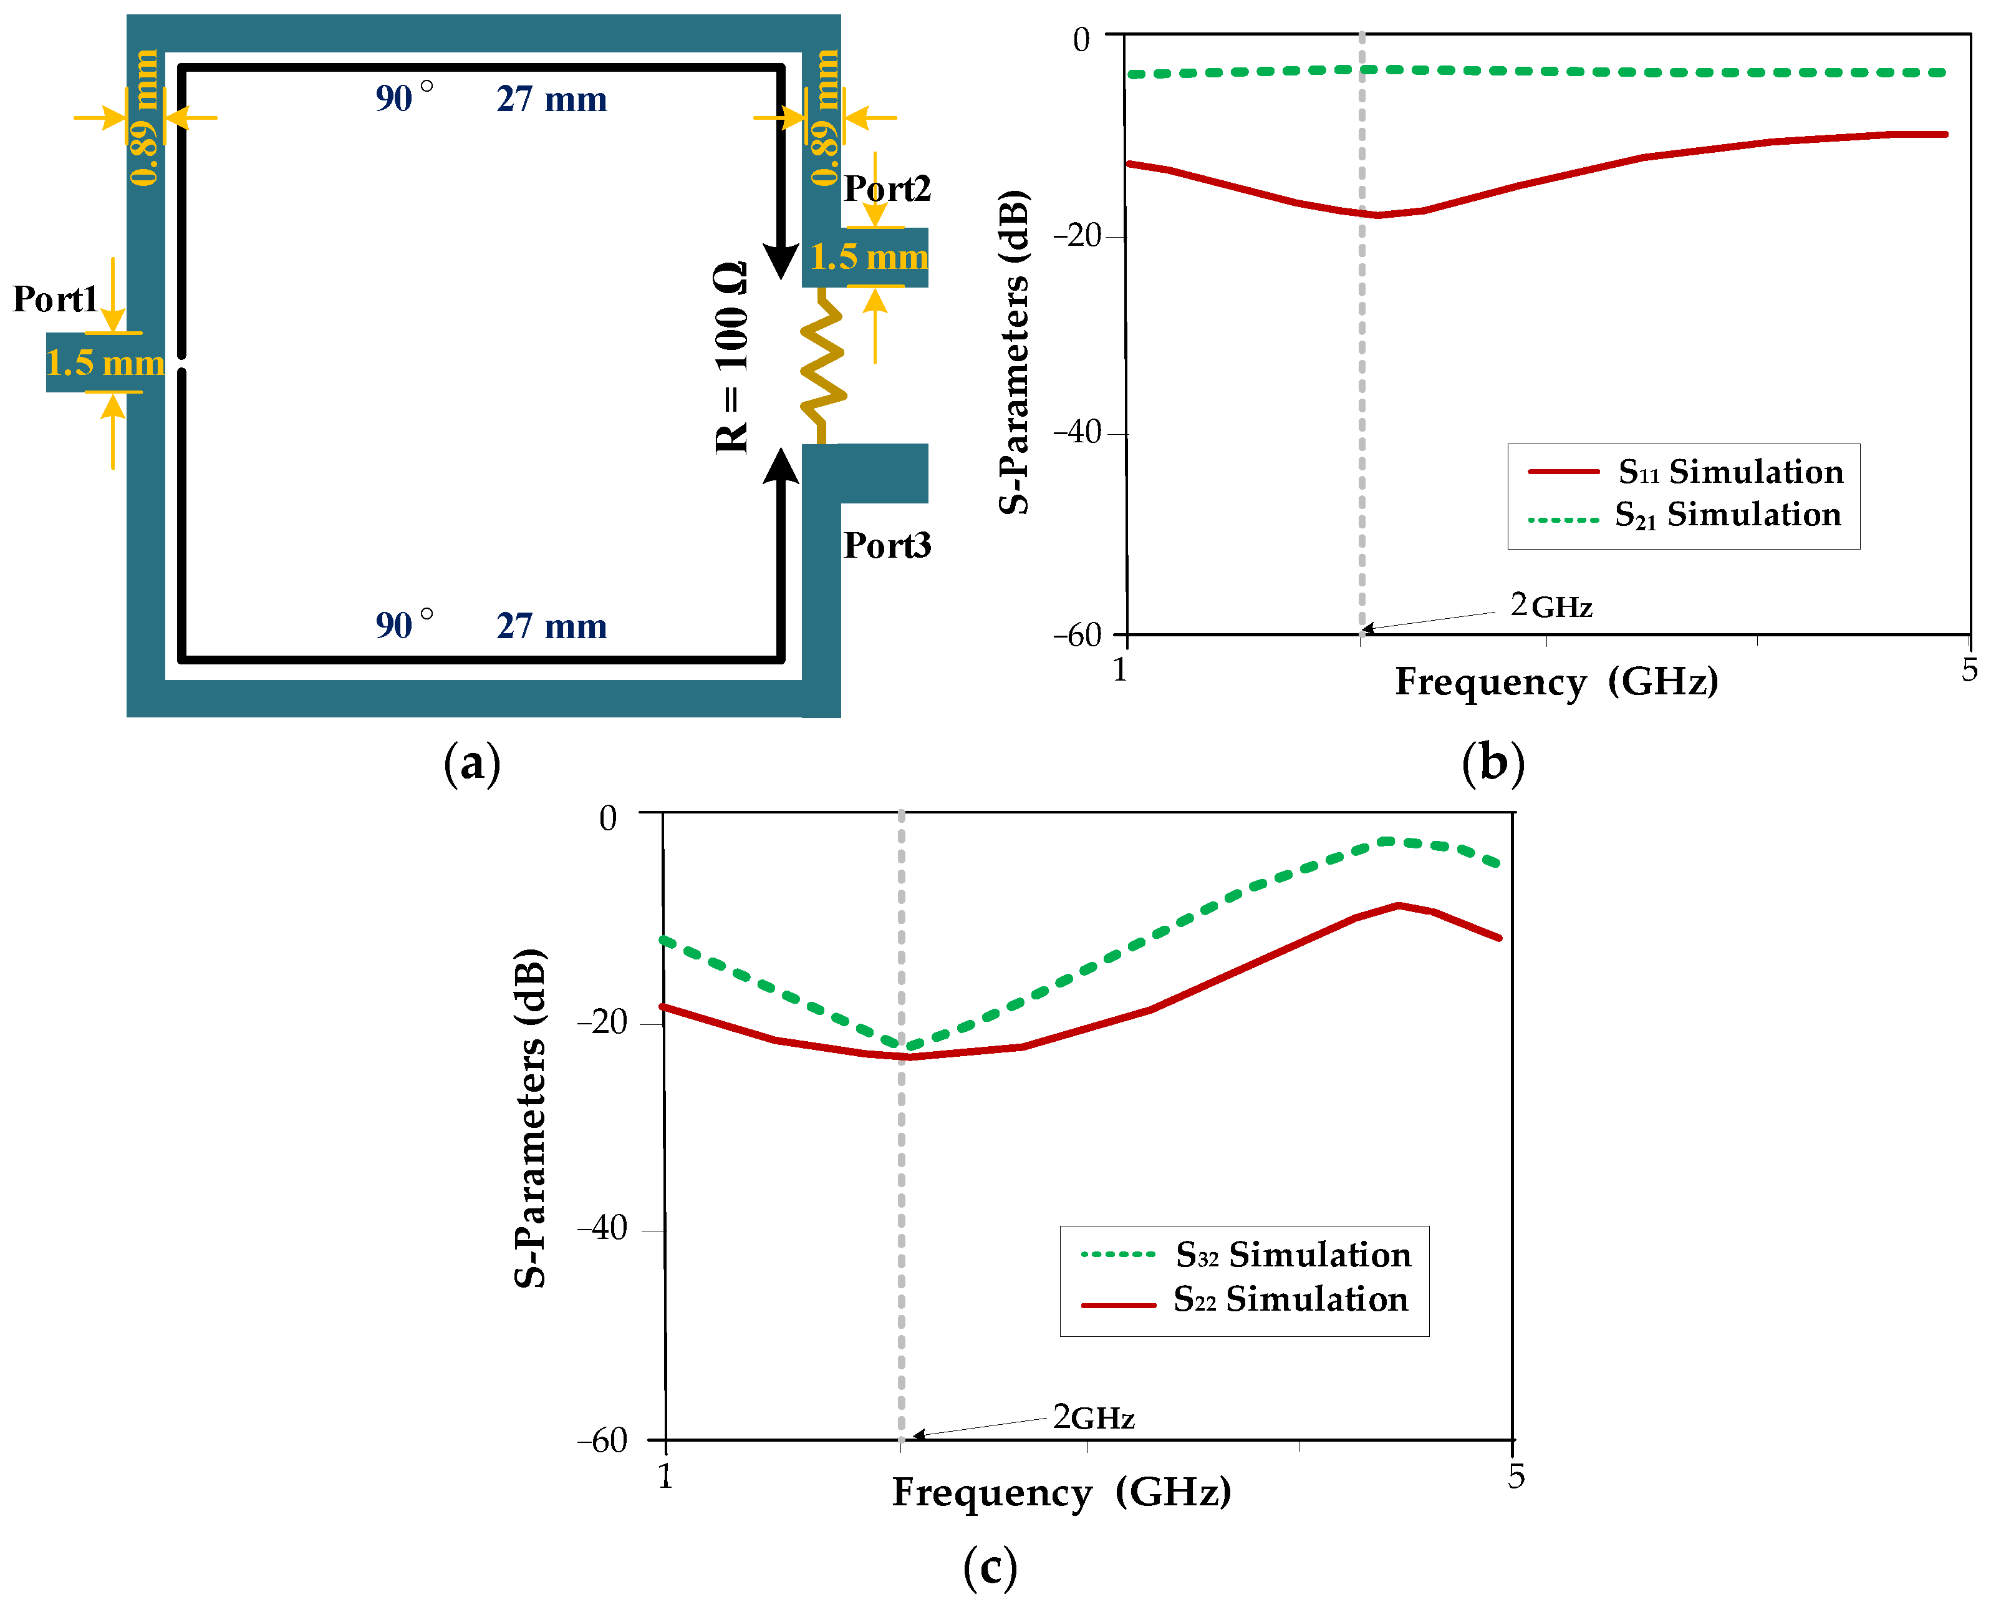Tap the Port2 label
click(x=886, y=189)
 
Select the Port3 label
click(x=886, y=545)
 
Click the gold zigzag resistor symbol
click(x=822, y=366)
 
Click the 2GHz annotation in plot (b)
click(x=1551, y=606)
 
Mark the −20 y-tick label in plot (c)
click(x=603, y=1022)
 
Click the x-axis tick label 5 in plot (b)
click(x=1969, y=669)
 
